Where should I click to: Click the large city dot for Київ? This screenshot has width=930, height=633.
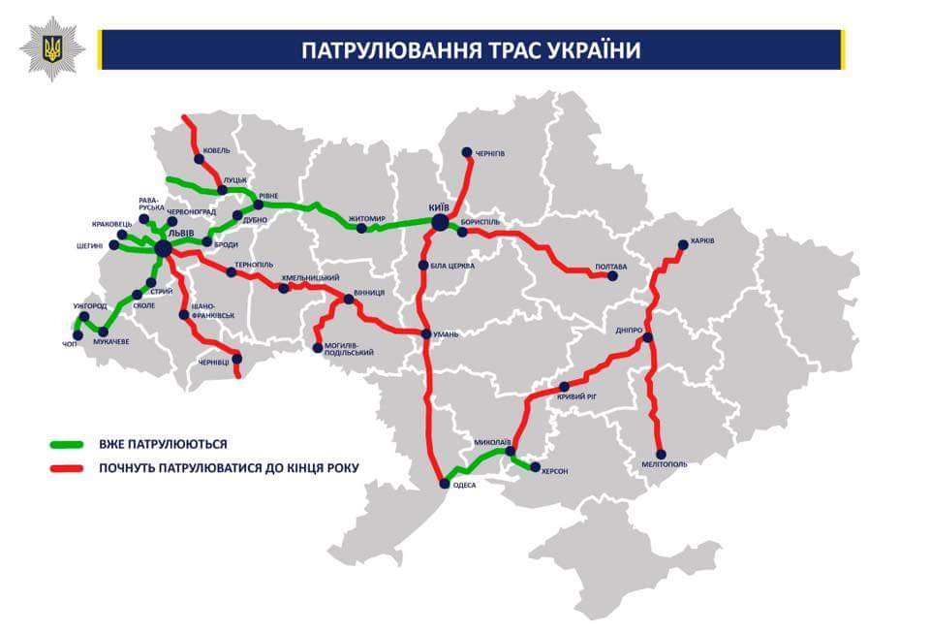click(x=440, y=223)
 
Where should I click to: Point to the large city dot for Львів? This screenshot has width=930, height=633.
click(x=163, y=249)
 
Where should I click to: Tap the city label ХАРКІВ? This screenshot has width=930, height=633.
click(x=702, y=240)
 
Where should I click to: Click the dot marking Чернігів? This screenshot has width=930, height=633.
click(x=466, y=152)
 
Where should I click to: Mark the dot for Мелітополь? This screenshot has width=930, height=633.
click(x=661, y=454)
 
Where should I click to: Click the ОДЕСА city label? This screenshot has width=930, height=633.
click(x=465, y=485)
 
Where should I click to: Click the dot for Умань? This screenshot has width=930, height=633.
click(x=425, y=334)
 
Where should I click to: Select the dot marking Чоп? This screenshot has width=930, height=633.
click(x=77, y=335)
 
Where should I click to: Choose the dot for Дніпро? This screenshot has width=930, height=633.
click(x=648, y=338)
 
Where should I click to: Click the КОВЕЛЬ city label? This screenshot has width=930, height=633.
click(x=216, y=150)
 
